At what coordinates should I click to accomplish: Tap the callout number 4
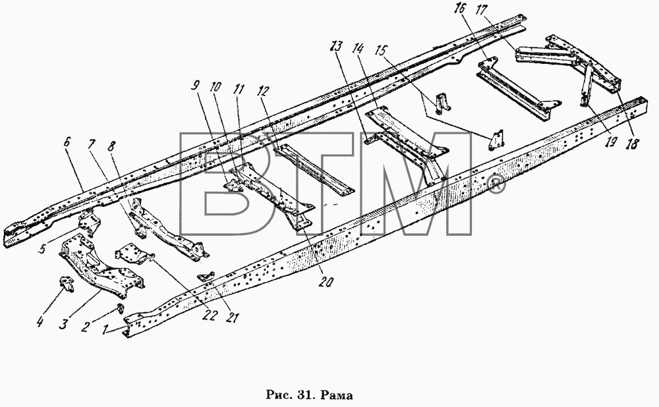coord(40,323)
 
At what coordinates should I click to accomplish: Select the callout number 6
coord(67,142)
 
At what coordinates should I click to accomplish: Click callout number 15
coord(380,51)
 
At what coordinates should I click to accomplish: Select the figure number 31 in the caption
coord(306,395)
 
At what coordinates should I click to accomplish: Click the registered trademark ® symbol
coord(497,186)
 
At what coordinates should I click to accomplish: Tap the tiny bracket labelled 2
coord(120,308)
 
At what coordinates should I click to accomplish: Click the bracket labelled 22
coord(134,256)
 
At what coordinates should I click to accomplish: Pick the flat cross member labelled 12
coord(314,169)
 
